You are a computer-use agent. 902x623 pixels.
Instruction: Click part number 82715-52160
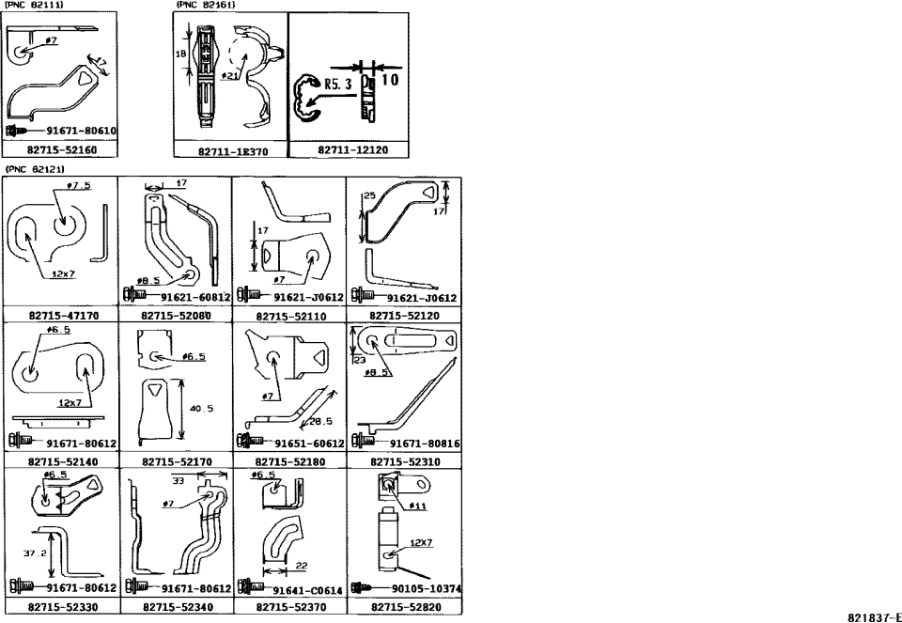[x=61, y=149]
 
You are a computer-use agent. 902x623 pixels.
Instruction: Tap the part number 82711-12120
[x=349, y=149]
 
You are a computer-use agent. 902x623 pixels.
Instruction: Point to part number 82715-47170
[x=61, y=317]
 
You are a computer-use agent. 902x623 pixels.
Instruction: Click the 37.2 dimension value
[x=37, y=553]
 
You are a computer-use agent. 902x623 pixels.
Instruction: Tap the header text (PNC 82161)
[x=205, y=5]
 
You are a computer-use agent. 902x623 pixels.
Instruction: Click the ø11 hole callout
[x=418, y=506]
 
